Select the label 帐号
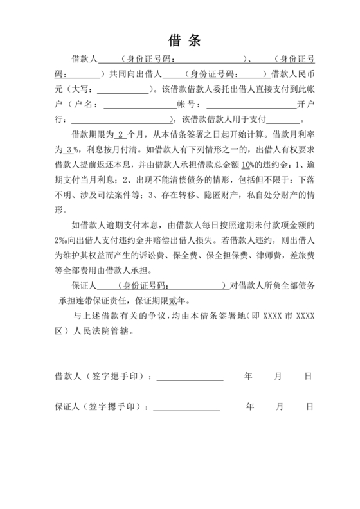tap(186, 104)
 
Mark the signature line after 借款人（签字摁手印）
tap(190, 376)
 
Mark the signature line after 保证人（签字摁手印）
tap(186, 407)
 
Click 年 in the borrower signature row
tap(248, 376)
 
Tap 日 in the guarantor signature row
tap(310, 407)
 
